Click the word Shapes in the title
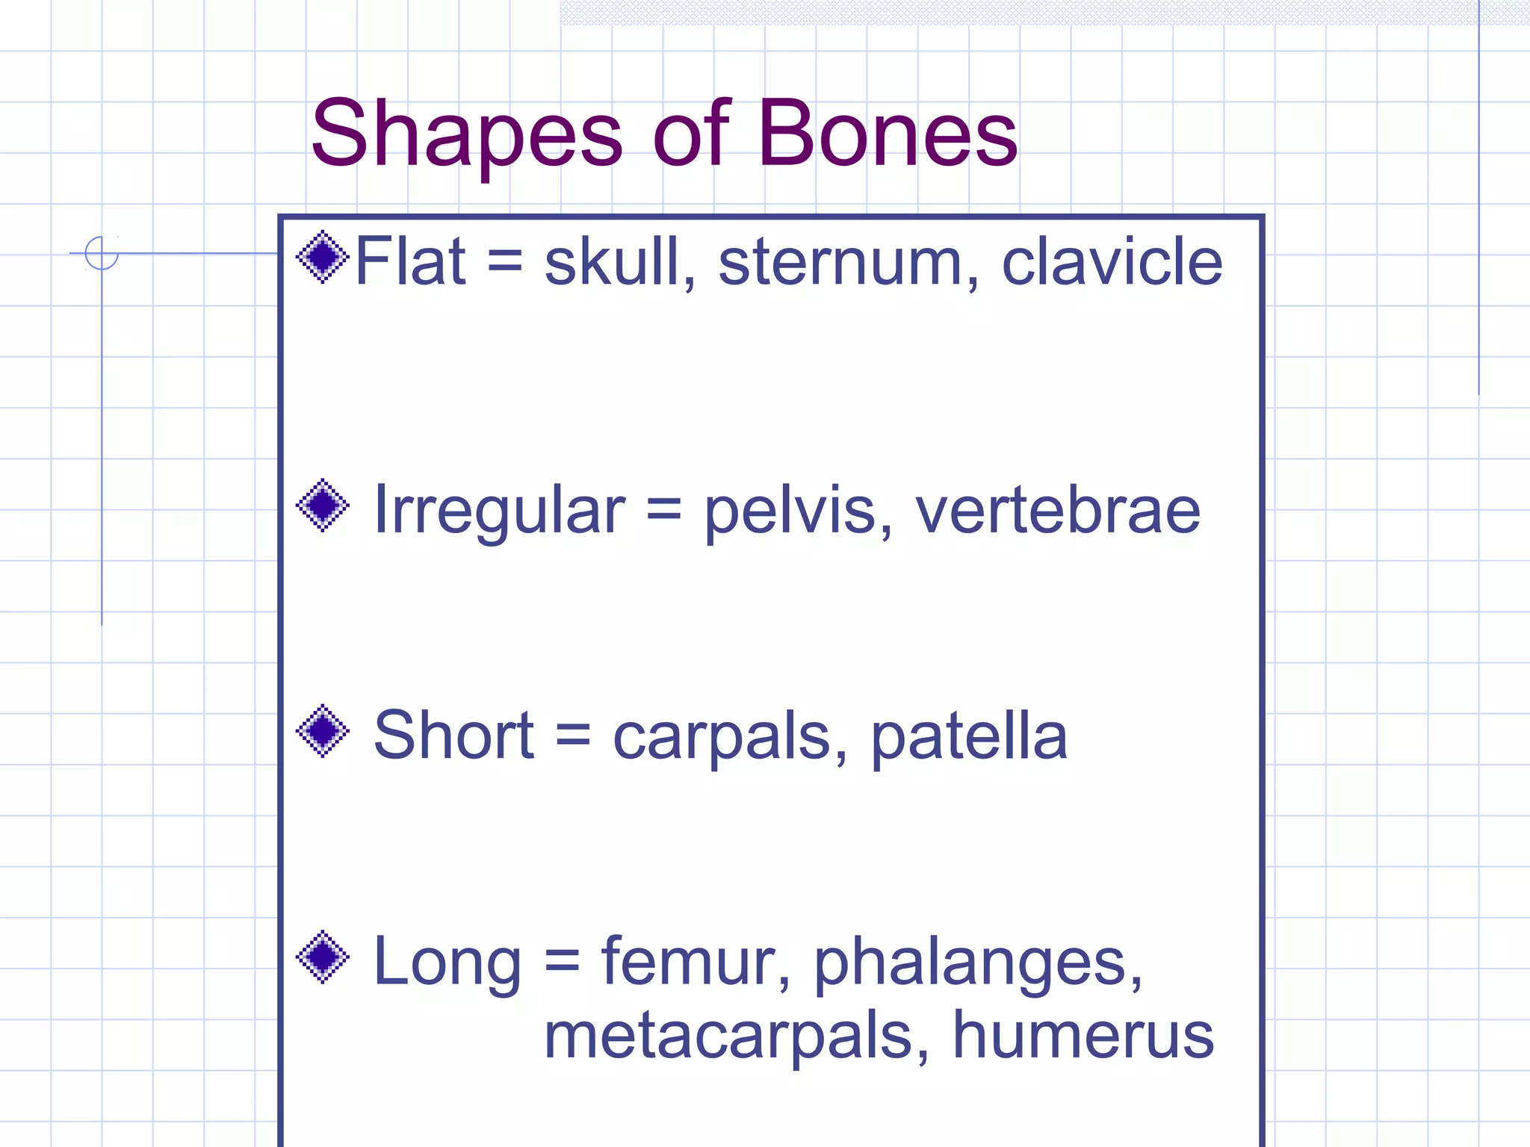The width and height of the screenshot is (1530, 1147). pos(466,136)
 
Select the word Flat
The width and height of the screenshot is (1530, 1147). pos(410,261)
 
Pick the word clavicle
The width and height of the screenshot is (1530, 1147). pos(1112,261)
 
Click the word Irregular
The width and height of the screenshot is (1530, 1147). pos(498,510)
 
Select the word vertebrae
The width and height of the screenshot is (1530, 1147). pos(1057,510)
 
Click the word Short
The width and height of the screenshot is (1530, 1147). pos(453,736)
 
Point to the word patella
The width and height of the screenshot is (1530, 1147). pos(969,736)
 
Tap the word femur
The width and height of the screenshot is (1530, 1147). pos(696,961)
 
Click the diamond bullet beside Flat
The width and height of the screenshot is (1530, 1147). pos(323,257)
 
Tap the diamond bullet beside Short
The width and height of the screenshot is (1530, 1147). pos(323,731)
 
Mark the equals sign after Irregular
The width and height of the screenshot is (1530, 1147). pos(664,512)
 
